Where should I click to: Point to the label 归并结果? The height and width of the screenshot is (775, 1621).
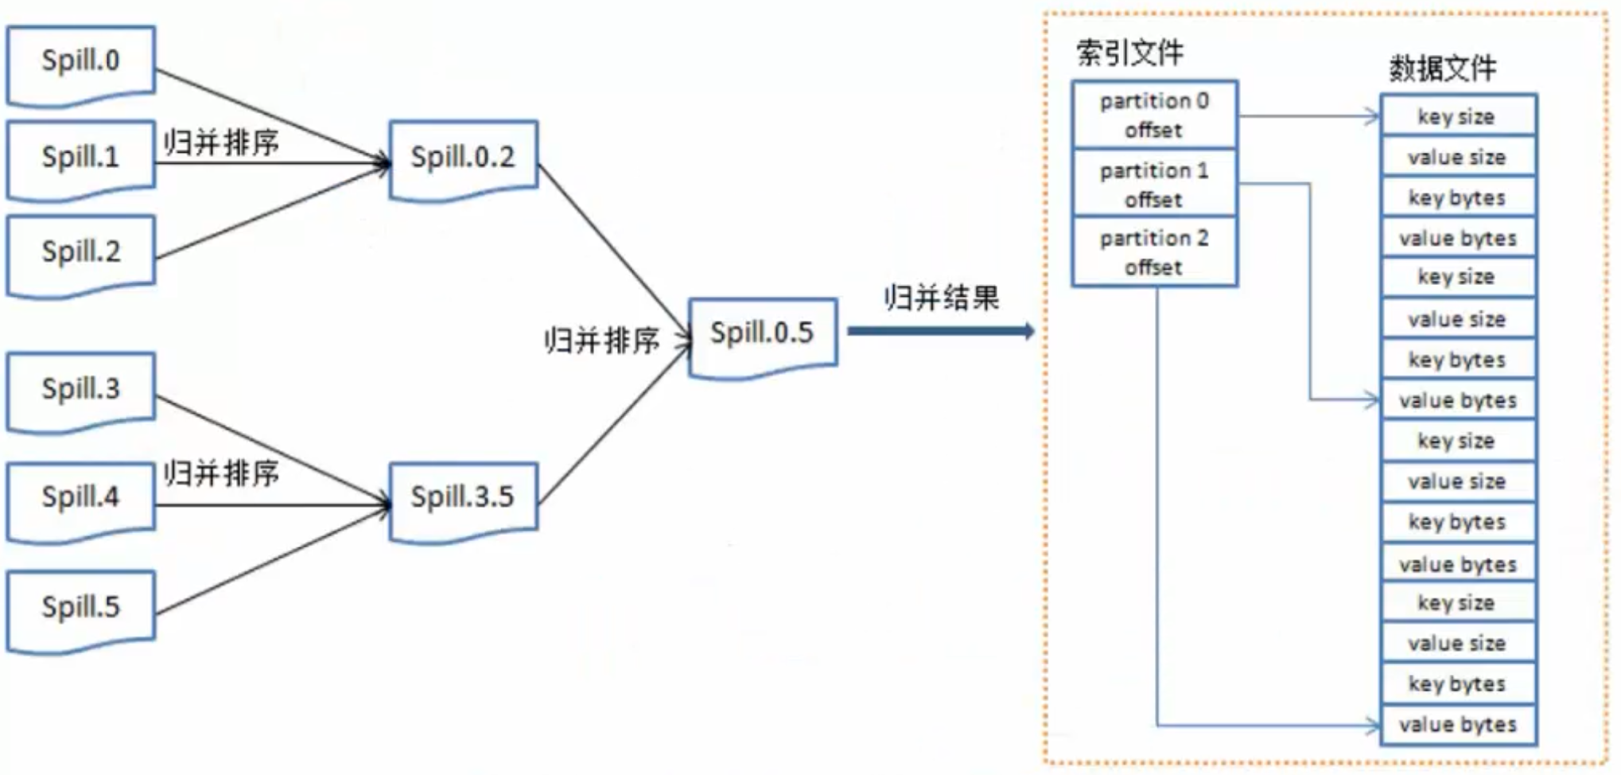pyautogui.click(x=942, y=298)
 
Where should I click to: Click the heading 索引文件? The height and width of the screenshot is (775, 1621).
pyautogui.click(x=1129, y=53)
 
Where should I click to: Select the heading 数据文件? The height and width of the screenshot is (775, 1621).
pyautogui.click(x=1443, y=68)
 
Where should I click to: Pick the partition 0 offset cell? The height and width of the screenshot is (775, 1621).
pyautogui.click(x=1154, y=115)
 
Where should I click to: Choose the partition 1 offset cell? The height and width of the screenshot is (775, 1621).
pyautogui.click(x=1154, y=184)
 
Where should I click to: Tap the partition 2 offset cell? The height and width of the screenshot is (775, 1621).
pyautogui.click(x=1154, y=252)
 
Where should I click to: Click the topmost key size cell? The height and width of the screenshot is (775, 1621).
pyautogui.click(x=1457, y=117)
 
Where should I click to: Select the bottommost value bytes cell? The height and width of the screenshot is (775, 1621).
pyautogui.click(x=1457, y=725)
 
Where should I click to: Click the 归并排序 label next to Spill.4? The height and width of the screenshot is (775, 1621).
pyautogui.click(x=222, y=473)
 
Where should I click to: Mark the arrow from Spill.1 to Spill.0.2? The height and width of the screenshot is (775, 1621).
pyautogui.click(x=270, y=164)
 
